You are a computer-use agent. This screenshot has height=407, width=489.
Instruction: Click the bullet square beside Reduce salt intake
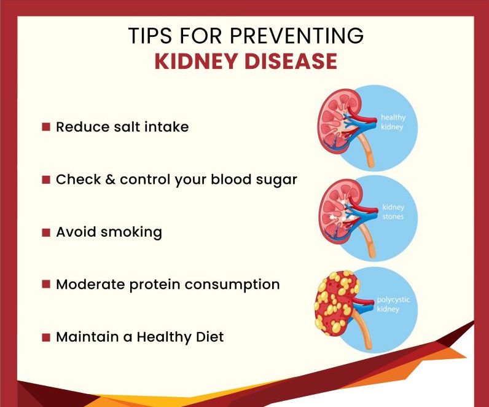click(x=45, y=127)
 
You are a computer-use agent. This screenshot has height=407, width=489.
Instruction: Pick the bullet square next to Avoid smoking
click(x=45, y=232)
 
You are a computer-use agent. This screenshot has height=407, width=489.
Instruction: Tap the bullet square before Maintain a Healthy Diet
click(x=45, y=338)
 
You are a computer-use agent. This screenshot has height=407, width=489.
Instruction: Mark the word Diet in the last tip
click(x=208, y=337)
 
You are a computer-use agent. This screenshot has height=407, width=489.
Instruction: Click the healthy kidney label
click(x=393, y=122)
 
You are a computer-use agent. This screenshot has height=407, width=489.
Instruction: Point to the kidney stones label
click(x=393, y=212)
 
